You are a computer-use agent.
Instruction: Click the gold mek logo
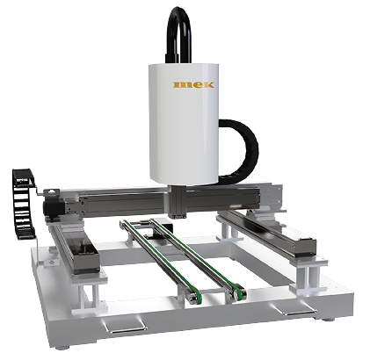[x=193, y=84]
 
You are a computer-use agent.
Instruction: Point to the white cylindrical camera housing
[x=184, y=124]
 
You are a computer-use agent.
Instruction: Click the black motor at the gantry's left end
[x=53, y=207]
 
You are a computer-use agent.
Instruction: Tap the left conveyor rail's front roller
[x=194, y=299]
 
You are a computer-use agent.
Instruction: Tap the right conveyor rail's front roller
[x=240, y=292]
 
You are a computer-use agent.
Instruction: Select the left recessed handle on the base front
[x=124, y=326]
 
